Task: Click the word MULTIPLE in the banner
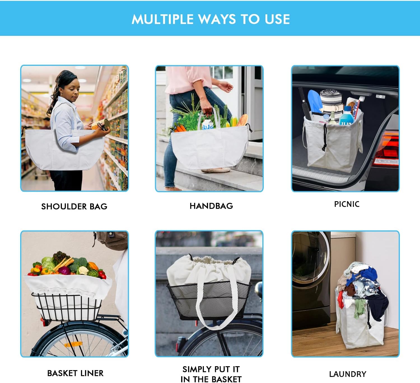[162, 19]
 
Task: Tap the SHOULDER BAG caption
[74, 206]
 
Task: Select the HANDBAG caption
[211, 206]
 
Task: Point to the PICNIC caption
[347, 204]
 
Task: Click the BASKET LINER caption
[75, 373]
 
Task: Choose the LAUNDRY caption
[348, 374]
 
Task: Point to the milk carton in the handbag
[207, 124]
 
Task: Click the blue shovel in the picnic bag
[314, 101]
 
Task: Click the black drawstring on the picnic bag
[325, 138]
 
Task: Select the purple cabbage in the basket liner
[64, 270]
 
